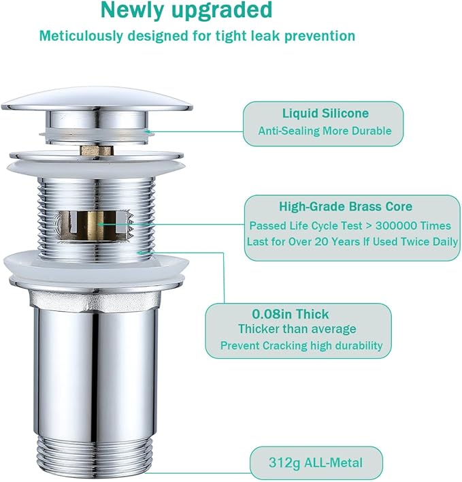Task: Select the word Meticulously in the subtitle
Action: tap(81, 36)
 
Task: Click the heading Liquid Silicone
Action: tap(325, 113)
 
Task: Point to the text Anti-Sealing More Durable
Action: tap(325, 131)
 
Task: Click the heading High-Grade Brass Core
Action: tap(346, 206)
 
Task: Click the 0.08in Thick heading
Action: tap(291, 314)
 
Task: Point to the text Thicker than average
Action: tap(297, 329)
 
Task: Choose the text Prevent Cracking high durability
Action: tap(301, 346)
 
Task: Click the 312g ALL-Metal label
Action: tap(316, 463)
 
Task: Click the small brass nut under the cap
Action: tap(97, 150)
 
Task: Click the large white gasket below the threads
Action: tap(96, 266)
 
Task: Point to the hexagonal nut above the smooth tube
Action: tap(95, 299)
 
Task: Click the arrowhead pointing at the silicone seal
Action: tap(148, 132)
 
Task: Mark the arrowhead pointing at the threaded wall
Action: tap(141, 253)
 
